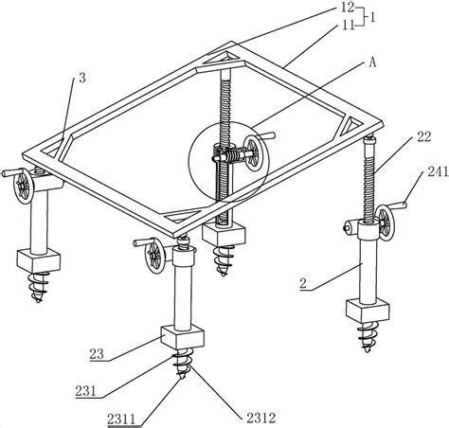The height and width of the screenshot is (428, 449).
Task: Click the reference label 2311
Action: pos(121,419)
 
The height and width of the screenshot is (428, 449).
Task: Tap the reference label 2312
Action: pos(261,418)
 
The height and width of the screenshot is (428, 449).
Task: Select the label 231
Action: pos(85,391)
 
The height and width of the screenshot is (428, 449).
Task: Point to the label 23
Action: pos(96,354)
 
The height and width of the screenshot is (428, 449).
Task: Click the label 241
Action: pos(439,172)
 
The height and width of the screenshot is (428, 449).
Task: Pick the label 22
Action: pos(423,136)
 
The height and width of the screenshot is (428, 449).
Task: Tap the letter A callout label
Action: pos(372,62)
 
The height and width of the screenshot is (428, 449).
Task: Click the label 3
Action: pos(82,78)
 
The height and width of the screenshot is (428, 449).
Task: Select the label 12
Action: pos(348,8)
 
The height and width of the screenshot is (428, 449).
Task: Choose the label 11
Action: pos(348,26)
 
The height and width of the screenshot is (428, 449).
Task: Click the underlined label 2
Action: pos(303,283)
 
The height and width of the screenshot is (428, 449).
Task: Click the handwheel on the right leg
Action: pos(386,223)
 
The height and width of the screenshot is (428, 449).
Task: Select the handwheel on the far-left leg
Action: pos(23,187)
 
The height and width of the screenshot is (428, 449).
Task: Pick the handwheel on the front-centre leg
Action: pos(155,256)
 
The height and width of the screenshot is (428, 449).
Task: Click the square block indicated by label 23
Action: pos(182,337)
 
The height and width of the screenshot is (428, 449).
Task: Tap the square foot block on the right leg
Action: pos(368,310)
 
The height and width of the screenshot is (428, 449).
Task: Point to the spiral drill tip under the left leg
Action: pos(39,287)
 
